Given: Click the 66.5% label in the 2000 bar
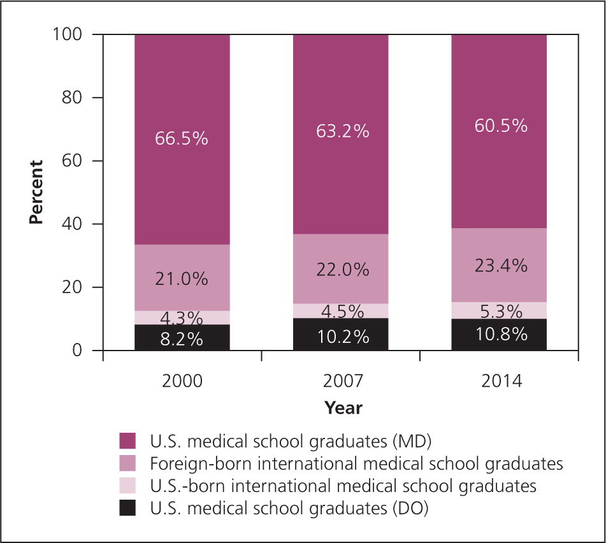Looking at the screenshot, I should click(x=182, y=138).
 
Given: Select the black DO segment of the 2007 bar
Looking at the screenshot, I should click(x=340, y=335).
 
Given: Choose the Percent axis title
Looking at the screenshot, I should click(x=36, y=192).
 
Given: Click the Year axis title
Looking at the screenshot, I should click(x=343, y=407).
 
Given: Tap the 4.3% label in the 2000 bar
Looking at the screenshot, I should click(x=182, y=317).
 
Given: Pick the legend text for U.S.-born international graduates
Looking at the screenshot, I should click(x=343, y=486).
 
